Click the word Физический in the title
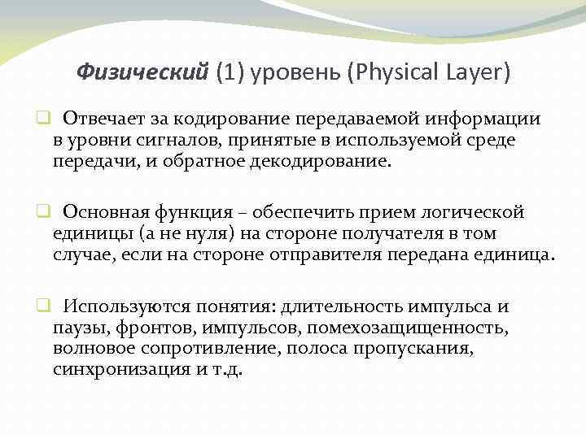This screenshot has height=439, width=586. pyautogui.click(x=142, y=73)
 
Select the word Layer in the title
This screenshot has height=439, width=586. pyautogui.click(x=479, y=73)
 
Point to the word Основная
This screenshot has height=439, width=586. pyautogui.click(x=103, y=212)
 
